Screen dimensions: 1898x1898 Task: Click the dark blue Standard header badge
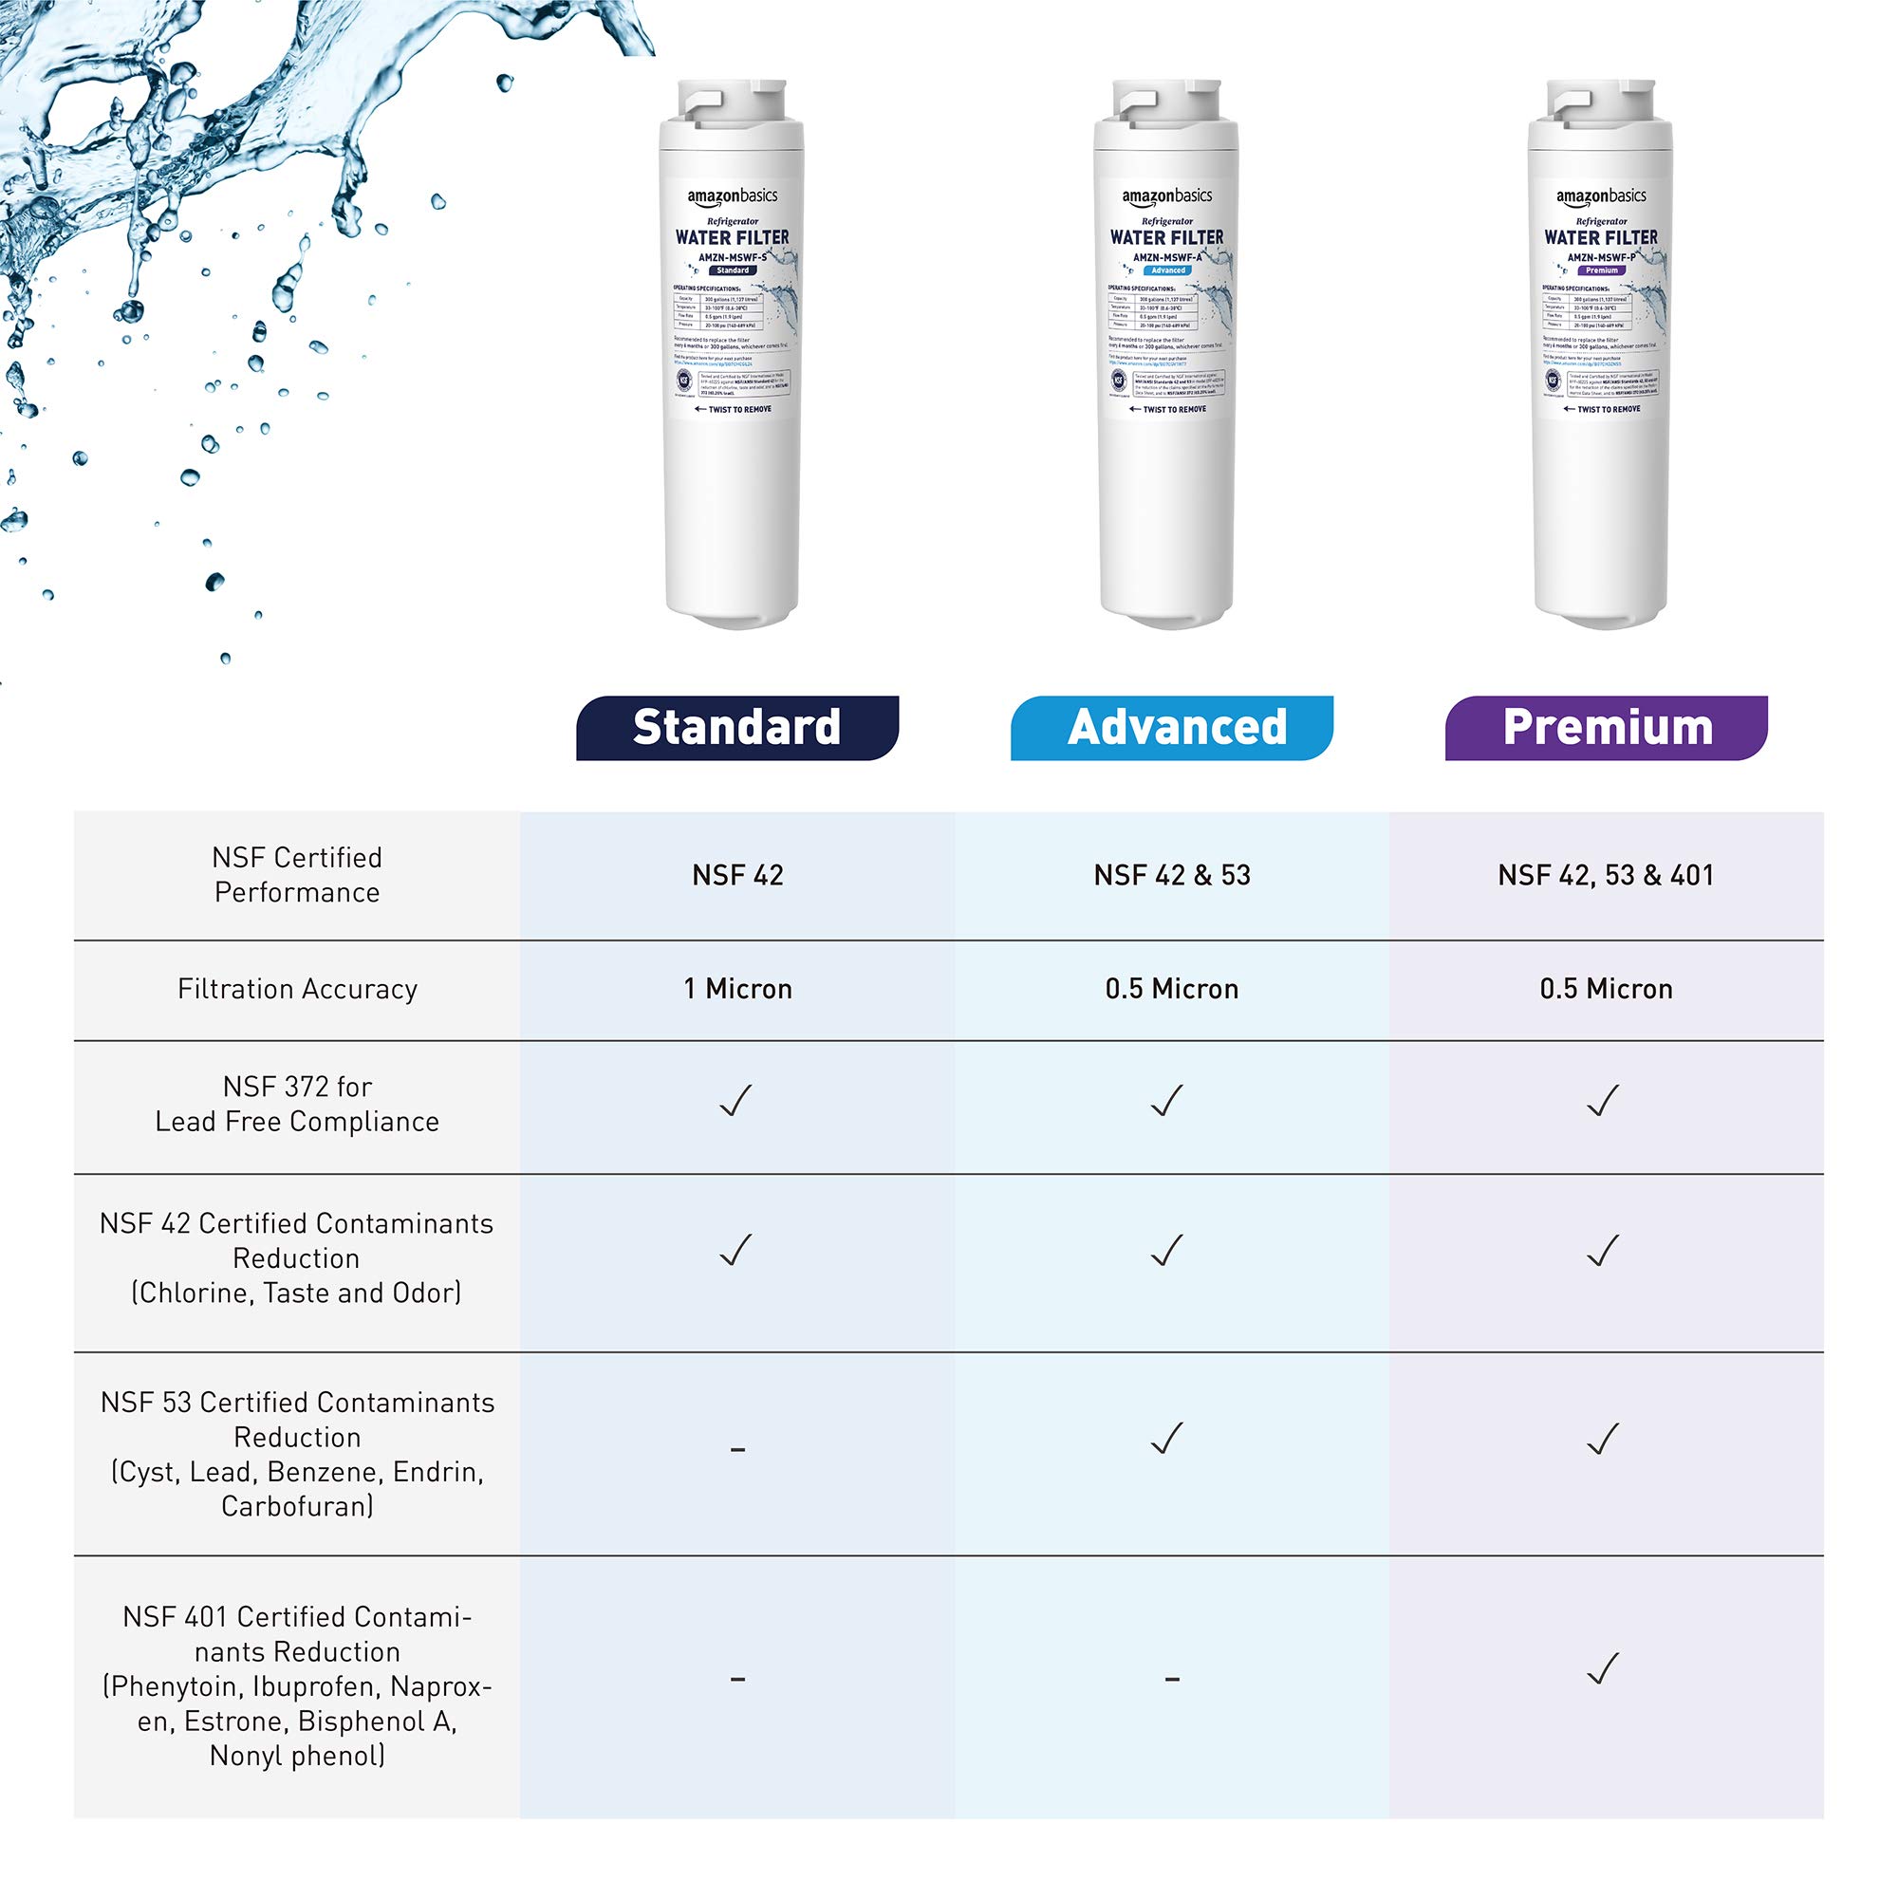pos(736,728)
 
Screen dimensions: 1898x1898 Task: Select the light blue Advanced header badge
pos(1172,728)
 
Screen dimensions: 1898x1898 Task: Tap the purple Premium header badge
pos(1607,728)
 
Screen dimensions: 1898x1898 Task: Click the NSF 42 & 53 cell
pos(1172,875)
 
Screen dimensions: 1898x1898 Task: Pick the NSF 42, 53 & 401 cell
pos(1606,875)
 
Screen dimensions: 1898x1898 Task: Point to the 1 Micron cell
pos(737,988)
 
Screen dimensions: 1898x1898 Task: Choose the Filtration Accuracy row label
pos(298,988)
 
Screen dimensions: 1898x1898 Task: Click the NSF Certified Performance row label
pos(298,874)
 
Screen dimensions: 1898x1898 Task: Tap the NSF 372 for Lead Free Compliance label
pos(298,1105)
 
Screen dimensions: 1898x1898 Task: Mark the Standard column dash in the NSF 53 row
pos(737,1449)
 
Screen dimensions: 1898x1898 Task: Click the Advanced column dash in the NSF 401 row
pos(1172,1679)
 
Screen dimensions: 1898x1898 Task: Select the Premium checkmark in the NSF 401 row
pos(1602,1669)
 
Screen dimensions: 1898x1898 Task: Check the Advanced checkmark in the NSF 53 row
pos(1167,1440)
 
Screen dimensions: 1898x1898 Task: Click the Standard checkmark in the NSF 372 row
pos(735,1101)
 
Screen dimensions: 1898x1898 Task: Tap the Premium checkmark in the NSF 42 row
pos(1602,1251)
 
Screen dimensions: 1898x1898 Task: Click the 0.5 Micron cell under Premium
pos(1606,988)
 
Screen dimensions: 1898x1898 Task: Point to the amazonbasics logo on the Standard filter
pos(732,196)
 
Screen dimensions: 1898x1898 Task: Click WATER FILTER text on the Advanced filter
pos(1167,238)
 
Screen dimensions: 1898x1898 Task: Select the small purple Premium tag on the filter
pos(1601,270)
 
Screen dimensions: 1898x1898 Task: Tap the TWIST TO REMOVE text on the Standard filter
pos(734,410)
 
